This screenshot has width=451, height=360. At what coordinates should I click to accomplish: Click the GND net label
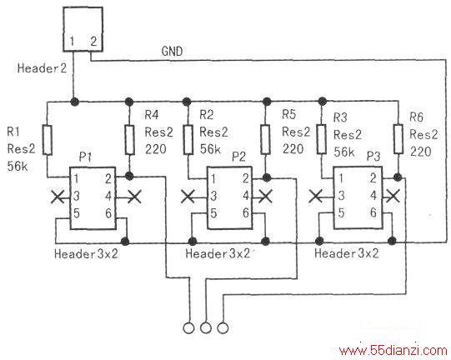(172, 51)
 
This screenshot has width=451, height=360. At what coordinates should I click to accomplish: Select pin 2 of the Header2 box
(93, 41)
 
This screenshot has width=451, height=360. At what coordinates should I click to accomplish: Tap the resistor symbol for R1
(48, 140)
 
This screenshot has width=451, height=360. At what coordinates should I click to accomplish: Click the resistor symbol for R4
(129, 140)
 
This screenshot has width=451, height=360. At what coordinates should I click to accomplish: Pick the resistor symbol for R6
(398, 139)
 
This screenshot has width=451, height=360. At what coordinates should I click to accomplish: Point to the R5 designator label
(288, 114)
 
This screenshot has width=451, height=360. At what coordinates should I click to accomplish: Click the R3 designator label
(340, 117)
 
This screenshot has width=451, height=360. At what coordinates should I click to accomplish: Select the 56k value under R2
(210, 148)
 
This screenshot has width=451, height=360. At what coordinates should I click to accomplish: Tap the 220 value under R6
(420, 152)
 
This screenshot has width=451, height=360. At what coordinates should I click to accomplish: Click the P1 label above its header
(85, 157)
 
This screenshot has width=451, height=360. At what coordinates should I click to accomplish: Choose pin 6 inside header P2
(246, 213)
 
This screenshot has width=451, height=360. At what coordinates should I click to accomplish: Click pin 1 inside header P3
(341, 178)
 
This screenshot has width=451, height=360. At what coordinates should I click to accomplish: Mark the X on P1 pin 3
(58, 197)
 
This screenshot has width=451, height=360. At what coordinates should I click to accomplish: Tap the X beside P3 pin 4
(393, 196)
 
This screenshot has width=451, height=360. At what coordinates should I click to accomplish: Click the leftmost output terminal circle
(188, 328)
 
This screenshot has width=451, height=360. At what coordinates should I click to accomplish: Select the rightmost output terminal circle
(223, 328)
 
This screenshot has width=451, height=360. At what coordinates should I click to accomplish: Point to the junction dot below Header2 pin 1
(74, 101)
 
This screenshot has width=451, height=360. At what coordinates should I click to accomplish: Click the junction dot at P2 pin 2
(267, 177)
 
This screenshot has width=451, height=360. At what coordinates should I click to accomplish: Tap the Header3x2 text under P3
(347, 253)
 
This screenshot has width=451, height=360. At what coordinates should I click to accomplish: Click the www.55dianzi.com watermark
(393, 351)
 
